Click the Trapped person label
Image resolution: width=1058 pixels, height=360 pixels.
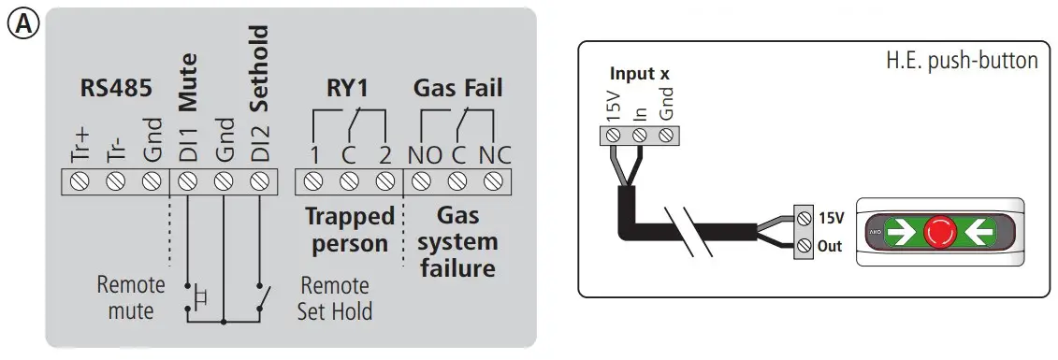click(349, 230)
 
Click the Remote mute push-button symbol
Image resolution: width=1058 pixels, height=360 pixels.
click(197, 296)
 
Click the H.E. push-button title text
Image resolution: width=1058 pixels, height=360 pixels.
click(962, 61)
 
